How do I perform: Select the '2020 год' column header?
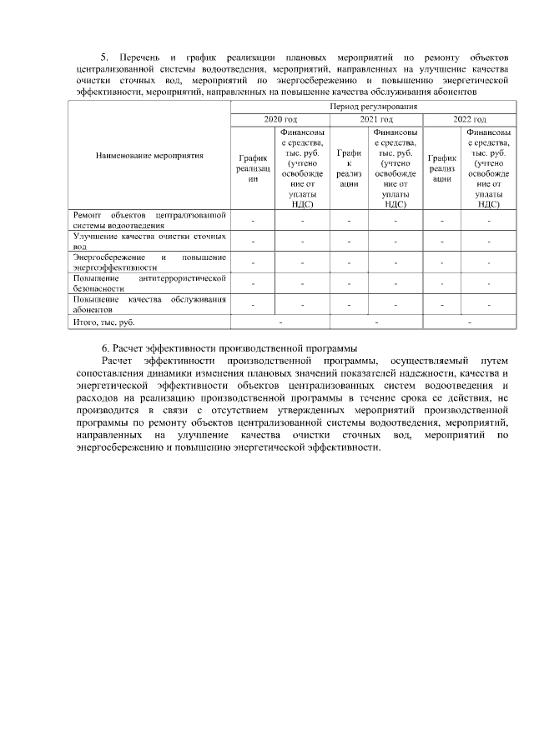(x=280, y=119)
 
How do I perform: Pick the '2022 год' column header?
(x=469, y=119)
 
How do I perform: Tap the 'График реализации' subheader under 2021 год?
(x=348, y=167)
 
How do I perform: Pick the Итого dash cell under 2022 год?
(x=469, y=321)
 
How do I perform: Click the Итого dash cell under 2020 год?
(x=280, y=321)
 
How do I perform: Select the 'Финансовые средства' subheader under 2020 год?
(x=302, y=167)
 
